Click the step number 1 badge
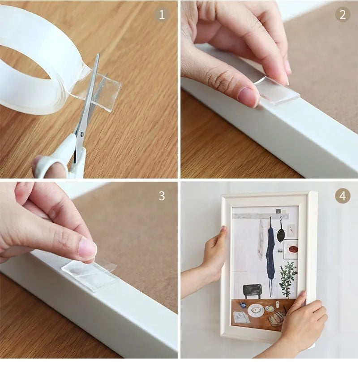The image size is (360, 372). pyautogui.click(x=162, y=15)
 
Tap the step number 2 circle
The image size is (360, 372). pyautogui.click(x=343, y=15)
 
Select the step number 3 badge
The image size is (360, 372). pyautogui.click(x=162, y=196)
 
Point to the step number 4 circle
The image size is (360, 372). pyautogui.click(x=343, y=196)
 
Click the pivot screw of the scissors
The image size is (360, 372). pyautogui.click(x=82, y=134)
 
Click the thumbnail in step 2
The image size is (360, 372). pyautogui.click(x=247, y=96)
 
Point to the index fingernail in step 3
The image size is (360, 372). pyautogui.click(x=87, y=248)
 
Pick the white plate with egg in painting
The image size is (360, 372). pyautogui.click(x=256, y=310)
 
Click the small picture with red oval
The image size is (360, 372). pyautogui.click(x=291, y=249)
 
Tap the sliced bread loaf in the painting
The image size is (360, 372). pyautogui.click(x=276, y=318)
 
